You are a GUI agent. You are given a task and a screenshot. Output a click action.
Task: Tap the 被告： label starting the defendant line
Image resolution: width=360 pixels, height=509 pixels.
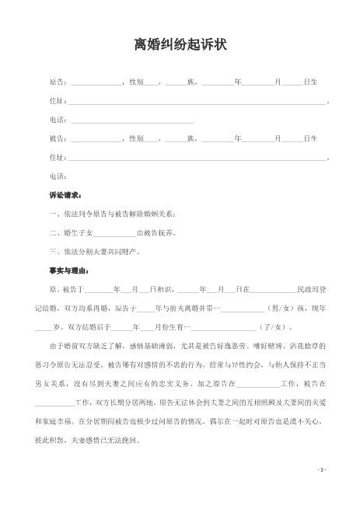click(x=58, y=139)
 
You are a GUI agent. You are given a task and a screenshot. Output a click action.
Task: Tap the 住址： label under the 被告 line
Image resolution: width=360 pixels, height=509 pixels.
click(x=58, y=158)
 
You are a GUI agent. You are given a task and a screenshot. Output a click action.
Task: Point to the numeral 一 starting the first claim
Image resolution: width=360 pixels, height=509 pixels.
click(x=52, y=214)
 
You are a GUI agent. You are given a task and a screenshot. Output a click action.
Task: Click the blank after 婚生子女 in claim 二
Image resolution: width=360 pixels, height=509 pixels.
click(x=114, y=232)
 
